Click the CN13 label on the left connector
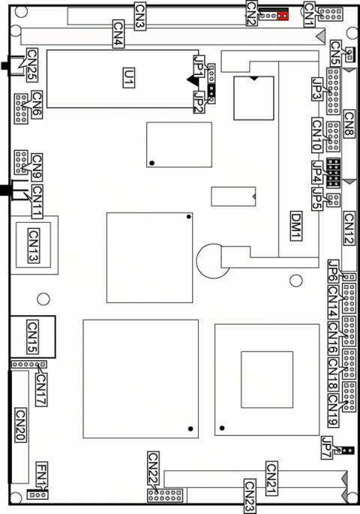[33, 245]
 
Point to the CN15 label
[33, 337]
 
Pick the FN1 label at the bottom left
[41, 474]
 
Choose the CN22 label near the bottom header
[153, 468]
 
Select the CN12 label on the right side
[349, 228]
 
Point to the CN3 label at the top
[140, 14]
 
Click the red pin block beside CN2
[282, 15]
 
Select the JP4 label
[317, 174]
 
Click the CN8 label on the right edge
[349, 124]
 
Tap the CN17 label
[40, 389]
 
